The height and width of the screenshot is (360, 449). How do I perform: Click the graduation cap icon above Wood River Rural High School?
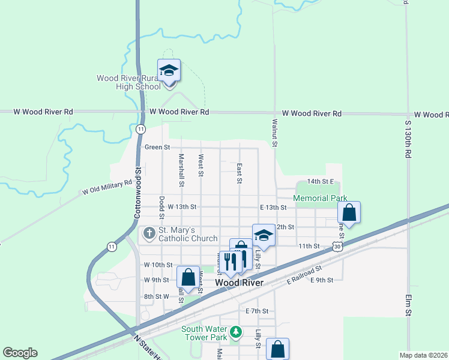tap(169, 70)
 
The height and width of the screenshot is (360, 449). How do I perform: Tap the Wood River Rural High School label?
tap(129, 82)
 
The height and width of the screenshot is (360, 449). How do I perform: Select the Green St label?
tap(157, 147)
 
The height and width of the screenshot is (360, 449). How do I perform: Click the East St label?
tap(240, 173)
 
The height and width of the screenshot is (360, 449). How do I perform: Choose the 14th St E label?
tap(319, 181)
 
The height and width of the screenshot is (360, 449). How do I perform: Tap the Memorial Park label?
tap(320, 198)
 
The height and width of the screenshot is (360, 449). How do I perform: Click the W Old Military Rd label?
tap(107, 187)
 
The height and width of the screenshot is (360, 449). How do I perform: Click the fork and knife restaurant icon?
tap(229, 262)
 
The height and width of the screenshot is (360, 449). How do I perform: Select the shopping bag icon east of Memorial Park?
tap(349, 212)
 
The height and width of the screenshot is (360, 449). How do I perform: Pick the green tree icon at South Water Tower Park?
tap(237, 331)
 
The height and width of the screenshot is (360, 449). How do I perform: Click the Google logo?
tap(20, 353)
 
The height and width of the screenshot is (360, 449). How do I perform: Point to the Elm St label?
tap(408, 304)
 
